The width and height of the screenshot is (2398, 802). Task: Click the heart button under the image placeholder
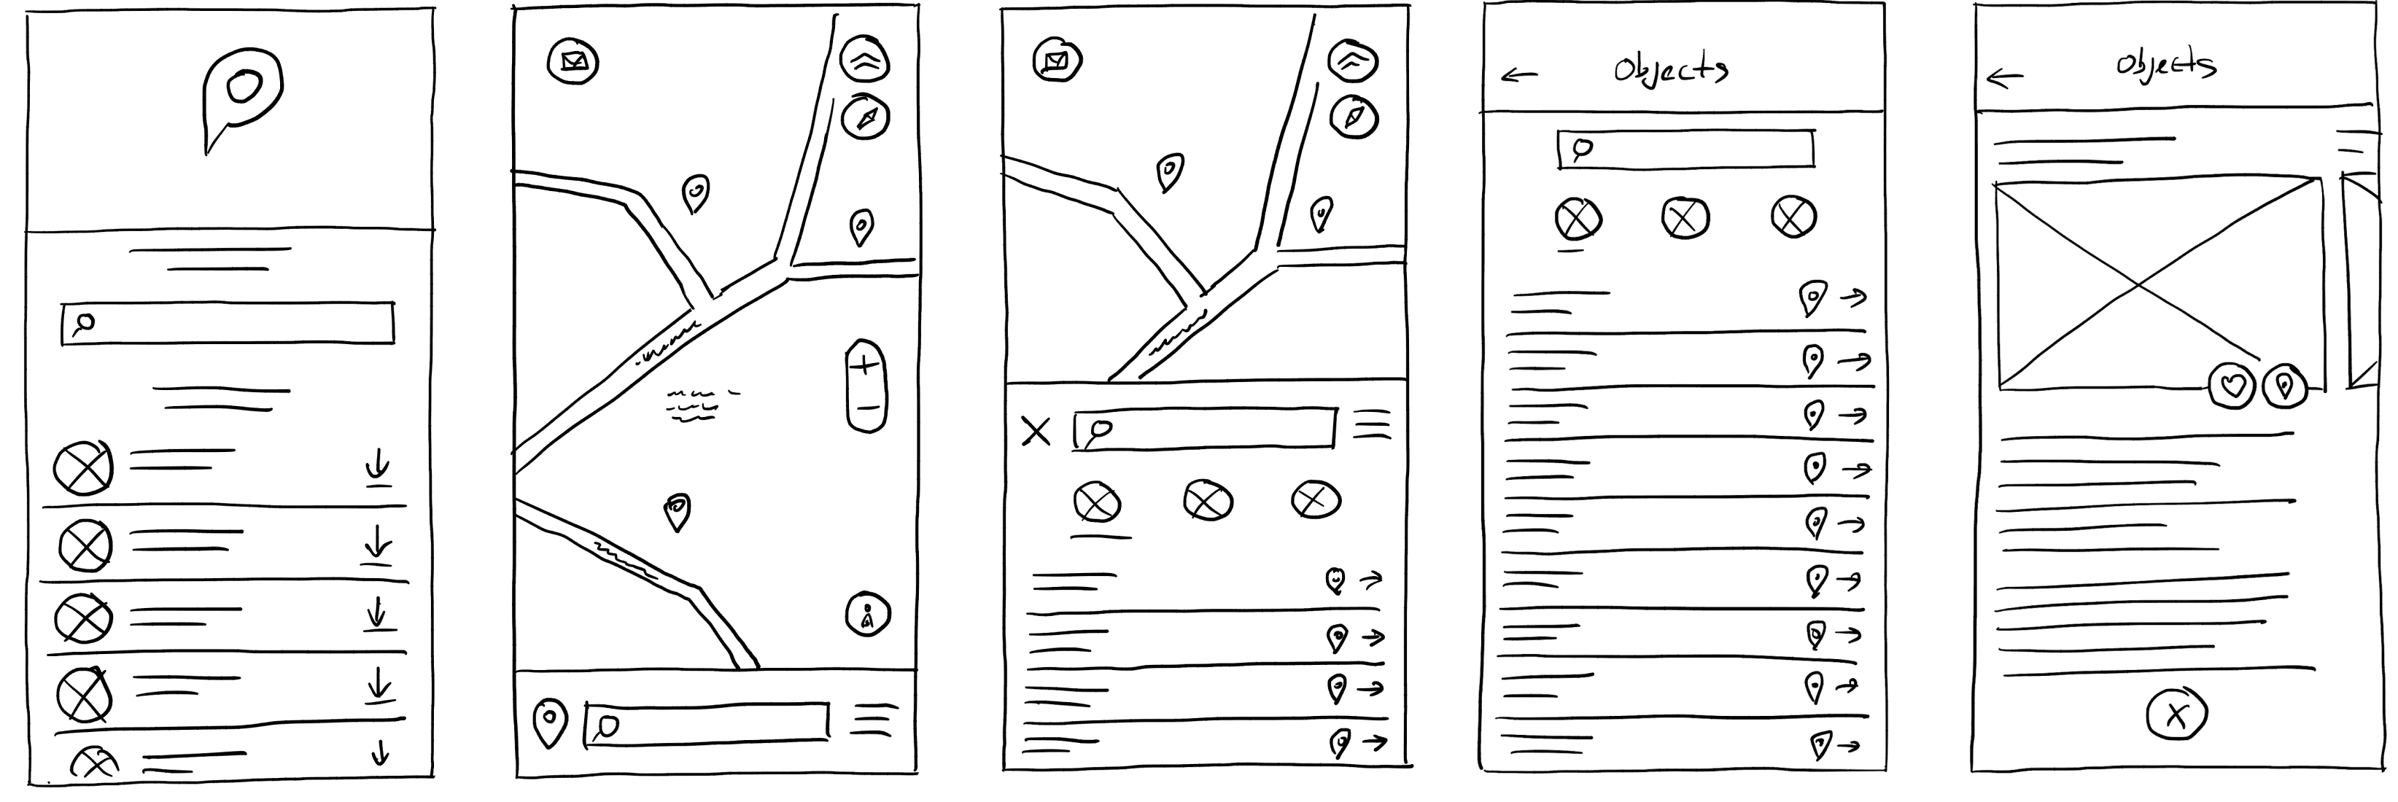pos(2232,385)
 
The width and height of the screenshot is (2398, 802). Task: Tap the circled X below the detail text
pos(2176,715)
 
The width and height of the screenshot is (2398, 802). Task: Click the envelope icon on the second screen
pos(573,62)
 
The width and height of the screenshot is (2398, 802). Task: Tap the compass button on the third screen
pos(1354,117)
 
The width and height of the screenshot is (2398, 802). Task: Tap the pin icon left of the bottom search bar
pos(549,724)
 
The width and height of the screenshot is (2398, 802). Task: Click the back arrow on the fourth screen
pos(1519,75)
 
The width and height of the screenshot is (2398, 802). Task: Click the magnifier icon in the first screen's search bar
pos(84,324)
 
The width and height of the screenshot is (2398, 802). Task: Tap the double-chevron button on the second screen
pos(866,61)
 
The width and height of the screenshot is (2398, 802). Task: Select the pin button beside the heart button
pos(2284,385)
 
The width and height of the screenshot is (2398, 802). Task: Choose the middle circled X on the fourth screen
pos(1685,219)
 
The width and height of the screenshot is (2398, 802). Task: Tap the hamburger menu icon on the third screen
pos(1372,424)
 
